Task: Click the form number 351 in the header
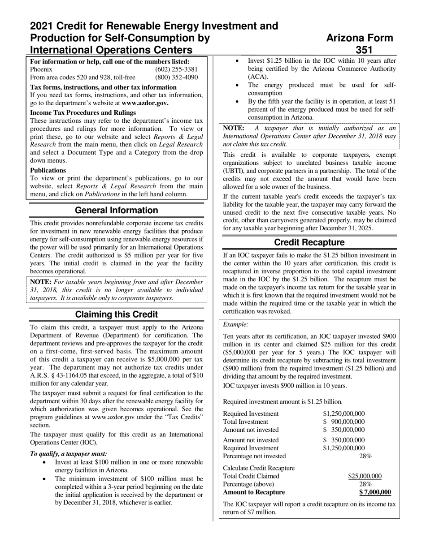point(364,50)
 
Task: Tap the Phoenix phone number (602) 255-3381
point(176,69)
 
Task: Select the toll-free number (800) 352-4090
point(176,77)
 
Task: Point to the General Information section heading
point(116,211)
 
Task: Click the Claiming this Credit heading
point(116,314)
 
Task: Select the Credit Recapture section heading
point(309,242)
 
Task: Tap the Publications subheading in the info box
point(48,170)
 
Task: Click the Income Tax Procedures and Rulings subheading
point(83,112)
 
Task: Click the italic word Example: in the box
point(236,324)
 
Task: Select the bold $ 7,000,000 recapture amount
point(375,492)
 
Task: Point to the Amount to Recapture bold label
point(254,492)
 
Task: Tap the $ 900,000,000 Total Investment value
point(344,422)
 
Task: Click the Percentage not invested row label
point(254,456)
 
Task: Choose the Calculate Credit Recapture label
point(259,468)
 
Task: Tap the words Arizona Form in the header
point(360,38)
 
